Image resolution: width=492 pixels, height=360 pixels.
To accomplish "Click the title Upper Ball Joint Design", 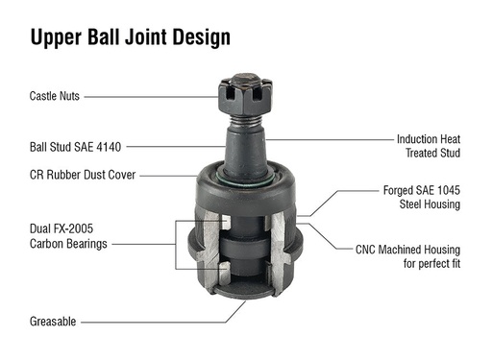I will point(130,37).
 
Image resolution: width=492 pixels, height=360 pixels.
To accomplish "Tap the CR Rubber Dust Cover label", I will point(83,175).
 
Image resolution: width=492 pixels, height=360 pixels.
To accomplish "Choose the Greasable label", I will point(53,322).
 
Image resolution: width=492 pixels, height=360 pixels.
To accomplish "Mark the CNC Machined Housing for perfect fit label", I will point(407,255).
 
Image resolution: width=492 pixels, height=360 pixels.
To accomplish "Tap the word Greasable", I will point(53,322).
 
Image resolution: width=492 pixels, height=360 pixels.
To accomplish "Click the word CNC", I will point(366,249).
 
